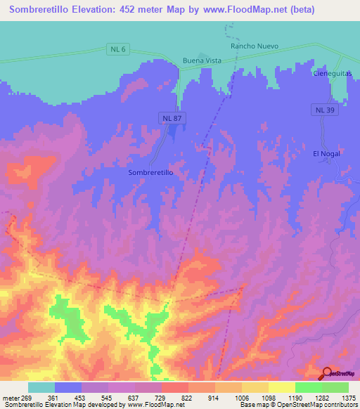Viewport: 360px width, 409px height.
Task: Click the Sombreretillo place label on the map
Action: tap(150, 171)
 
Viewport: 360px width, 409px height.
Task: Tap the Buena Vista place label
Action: tap(202, 60)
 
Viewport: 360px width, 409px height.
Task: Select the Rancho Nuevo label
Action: tap(255, 46)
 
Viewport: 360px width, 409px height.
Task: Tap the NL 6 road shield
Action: tap(118, 48)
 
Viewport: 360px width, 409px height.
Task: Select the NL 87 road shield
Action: tap(172, 119)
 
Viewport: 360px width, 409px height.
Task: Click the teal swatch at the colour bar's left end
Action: tap(41, 387)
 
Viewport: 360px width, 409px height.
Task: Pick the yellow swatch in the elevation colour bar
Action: tap(281, 387)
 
